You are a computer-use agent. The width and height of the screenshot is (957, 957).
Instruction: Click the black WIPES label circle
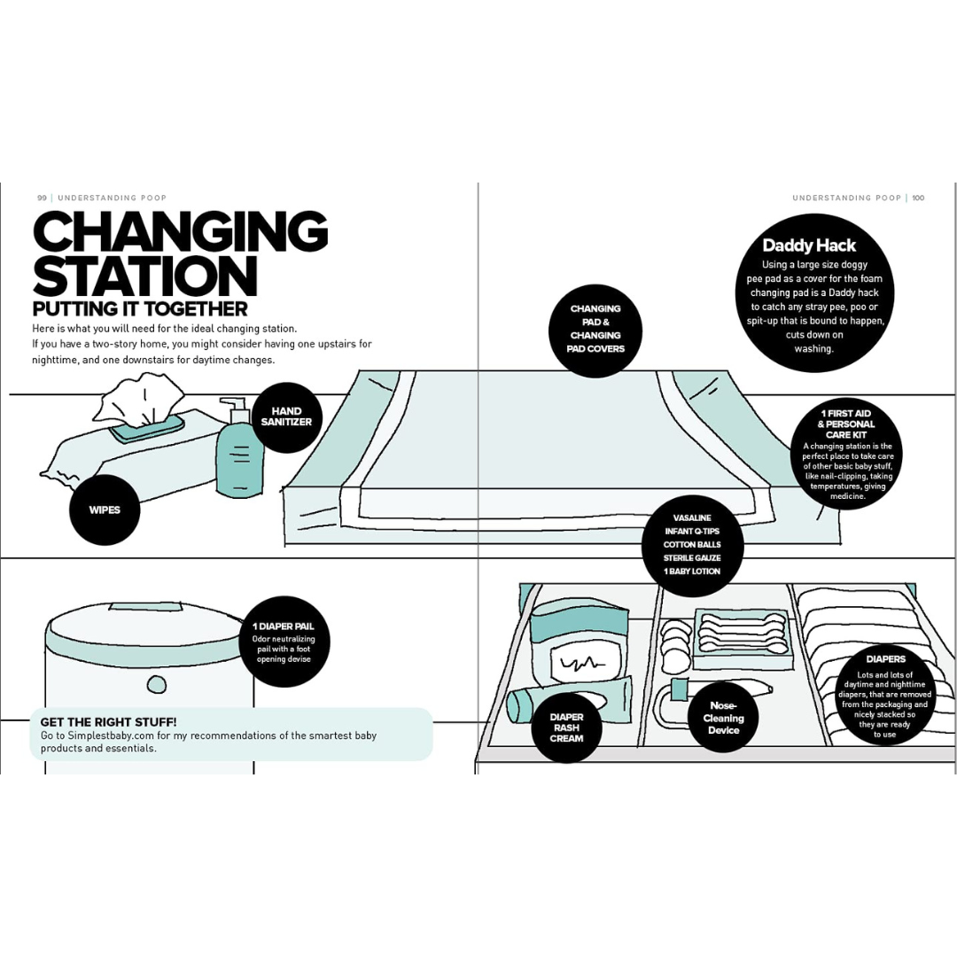point(105,510)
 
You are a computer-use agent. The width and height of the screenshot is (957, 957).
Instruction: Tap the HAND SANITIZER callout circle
point(285,417)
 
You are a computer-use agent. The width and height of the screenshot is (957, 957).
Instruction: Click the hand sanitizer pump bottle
point(239,447)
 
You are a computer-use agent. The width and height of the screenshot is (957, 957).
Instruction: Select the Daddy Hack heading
point(809,245)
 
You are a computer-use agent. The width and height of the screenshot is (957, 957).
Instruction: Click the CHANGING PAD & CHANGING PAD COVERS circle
point(595,329)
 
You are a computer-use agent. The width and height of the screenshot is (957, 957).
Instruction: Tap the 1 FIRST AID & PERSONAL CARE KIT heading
point(846,424)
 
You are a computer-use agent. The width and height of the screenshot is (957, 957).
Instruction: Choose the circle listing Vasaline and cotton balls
point(692,545)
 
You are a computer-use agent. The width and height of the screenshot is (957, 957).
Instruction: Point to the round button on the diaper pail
point(157,684)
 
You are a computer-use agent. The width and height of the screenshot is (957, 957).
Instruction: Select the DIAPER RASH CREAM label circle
point(566,727)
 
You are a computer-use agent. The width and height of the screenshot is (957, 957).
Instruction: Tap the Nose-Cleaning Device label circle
point(723,718)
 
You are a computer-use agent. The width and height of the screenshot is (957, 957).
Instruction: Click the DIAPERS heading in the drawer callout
point(885,659)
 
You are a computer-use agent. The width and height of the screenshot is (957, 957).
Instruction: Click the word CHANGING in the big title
point(181,233)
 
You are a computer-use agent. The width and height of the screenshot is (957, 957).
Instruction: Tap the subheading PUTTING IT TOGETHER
point(140,308)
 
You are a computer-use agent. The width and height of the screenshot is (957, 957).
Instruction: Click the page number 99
point(43,198)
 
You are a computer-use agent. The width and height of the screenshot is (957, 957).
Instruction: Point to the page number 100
point(918,198)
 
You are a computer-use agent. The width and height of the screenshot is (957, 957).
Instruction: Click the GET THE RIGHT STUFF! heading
point(109,722)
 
